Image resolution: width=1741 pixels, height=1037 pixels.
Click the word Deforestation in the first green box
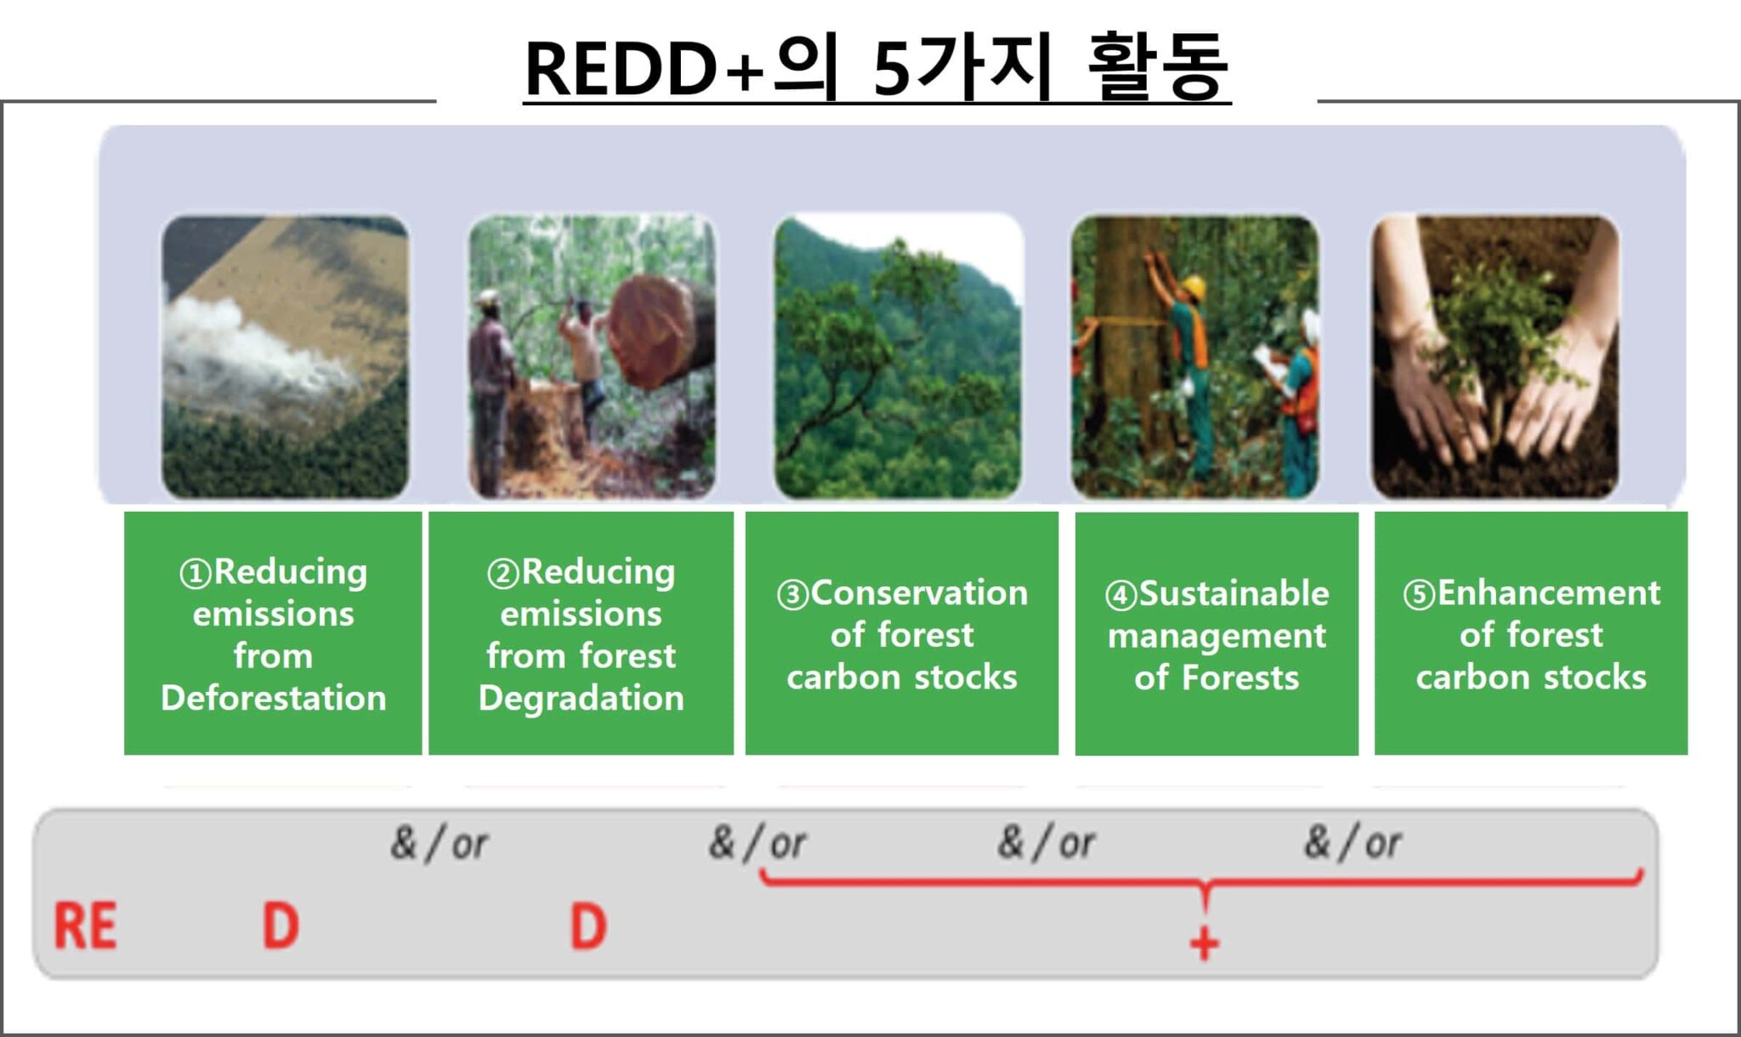pos(273,699)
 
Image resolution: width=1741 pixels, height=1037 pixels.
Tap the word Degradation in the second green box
pos(581,699)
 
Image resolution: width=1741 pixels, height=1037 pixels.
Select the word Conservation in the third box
pos(919,592)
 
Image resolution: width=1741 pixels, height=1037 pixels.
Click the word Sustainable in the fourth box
pos(1233,593)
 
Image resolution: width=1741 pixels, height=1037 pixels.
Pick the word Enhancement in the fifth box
pos(1548,592)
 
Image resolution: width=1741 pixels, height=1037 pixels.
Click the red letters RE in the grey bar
pos(85,926)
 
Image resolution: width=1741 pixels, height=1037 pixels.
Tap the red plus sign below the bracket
pos(1204,943)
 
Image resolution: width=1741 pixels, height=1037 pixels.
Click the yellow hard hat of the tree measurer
pos(1194,286)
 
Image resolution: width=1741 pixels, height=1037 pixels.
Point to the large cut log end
pos(651,331)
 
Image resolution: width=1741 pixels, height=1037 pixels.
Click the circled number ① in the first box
pos(195,574)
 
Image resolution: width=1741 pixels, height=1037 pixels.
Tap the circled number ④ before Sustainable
pos(1120,595)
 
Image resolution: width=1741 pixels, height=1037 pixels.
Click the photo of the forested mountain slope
pos(898,357)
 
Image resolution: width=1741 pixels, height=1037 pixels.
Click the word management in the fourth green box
pos(1216,636)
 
